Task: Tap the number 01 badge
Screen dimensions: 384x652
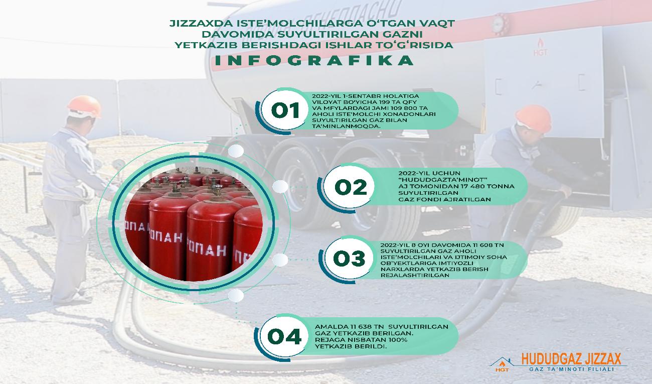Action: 285,111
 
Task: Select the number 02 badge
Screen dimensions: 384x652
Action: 350,187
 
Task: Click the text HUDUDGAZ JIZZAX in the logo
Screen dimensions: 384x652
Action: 571,358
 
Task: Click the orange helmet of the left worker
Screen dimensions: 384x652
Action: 84,105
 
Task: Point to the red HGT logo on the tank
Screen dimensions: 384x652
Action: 541,47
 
